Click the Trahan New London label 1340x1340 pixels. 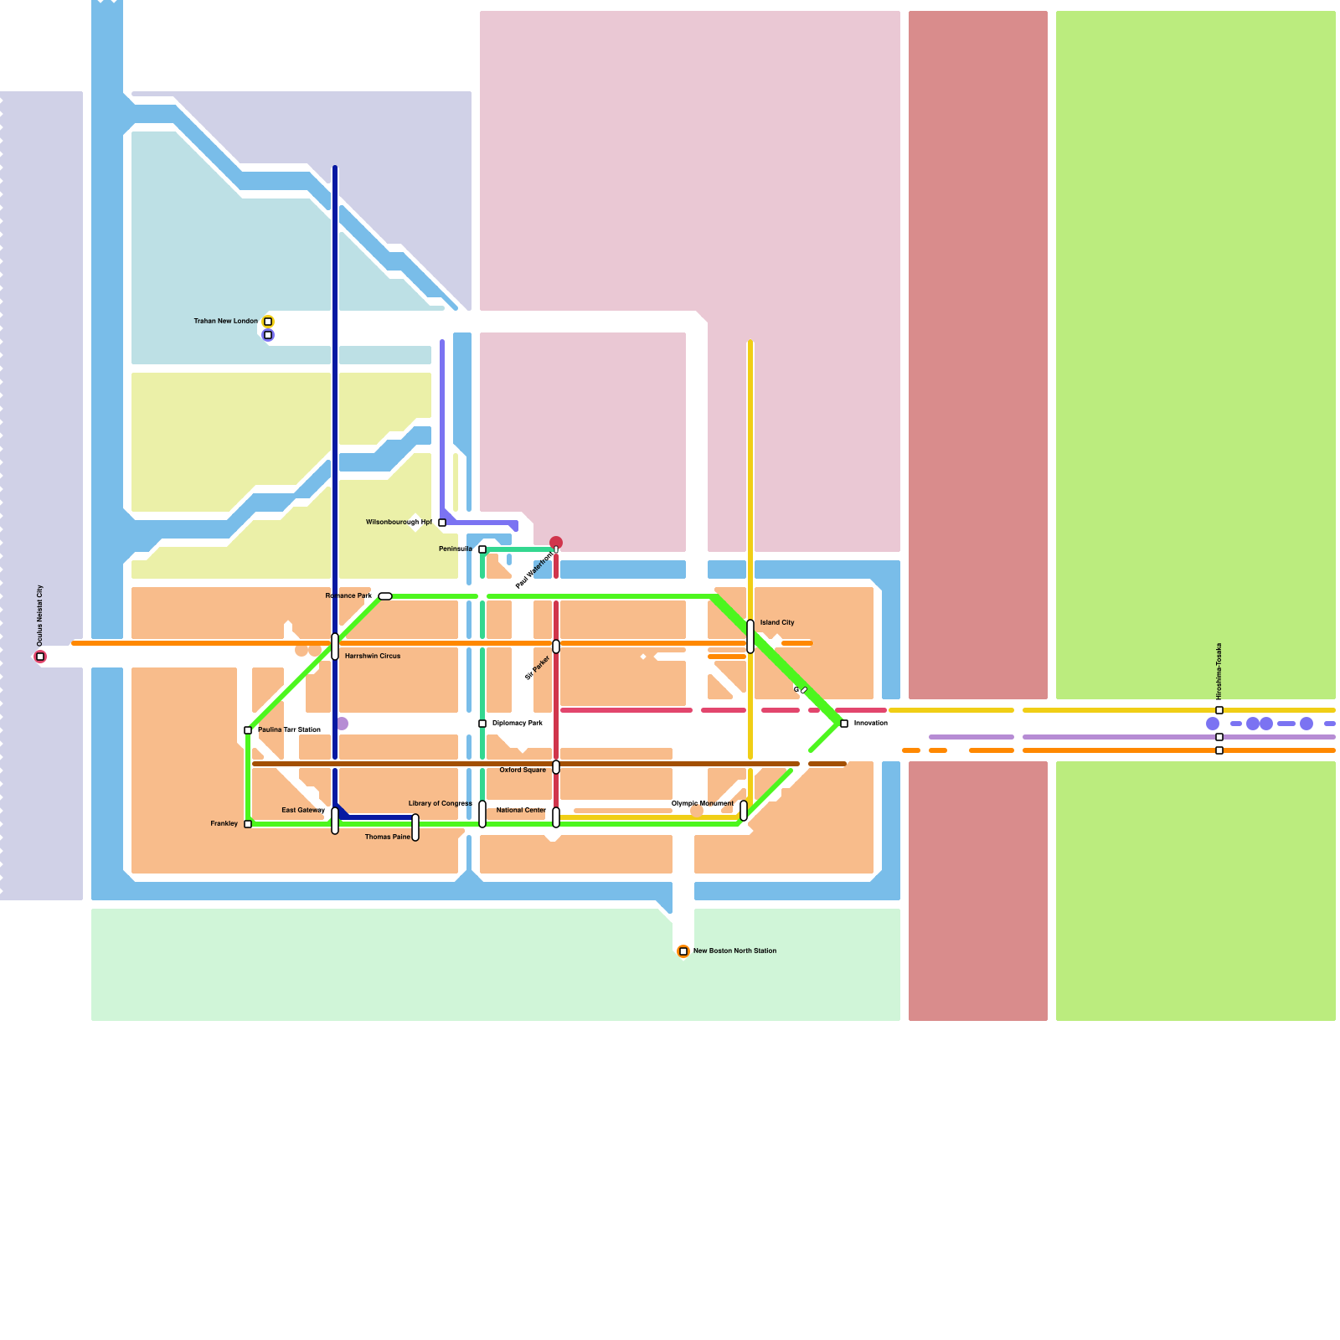(225, 321)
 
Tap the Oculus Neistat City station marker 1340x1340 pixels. (40, 657)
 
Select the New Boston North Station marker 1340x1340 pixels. (683, 951)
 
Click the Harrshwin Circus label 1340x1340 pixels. (372, 656)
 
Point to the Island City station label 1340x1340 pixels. (776, 622)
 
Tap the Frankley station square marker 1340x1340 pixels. (248, 824)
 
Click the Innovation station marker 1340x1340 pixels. (844, 724)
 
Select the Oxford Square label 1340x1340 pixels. (523, 770)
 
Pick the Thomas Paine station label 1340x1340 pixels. (388, 837)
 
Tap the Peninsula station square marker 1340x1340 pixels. (482, 549)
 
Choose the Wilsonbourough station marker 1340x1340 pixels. (442, 523)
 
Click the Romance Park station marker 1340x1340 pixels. (385, 596)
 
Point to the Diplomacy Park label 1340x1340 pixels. (517, 723)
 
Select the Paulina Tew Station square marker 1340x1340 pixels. (248, 730)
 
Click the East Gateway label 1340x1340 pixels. (302, 810)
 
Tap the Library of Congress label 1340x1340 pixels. (440, 803)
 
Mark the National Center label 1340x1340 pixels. (521, 810)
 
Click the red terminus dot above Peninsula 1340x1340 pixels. (556, 543)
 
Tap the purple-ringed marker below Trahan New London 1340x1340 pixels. (268, 335)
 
